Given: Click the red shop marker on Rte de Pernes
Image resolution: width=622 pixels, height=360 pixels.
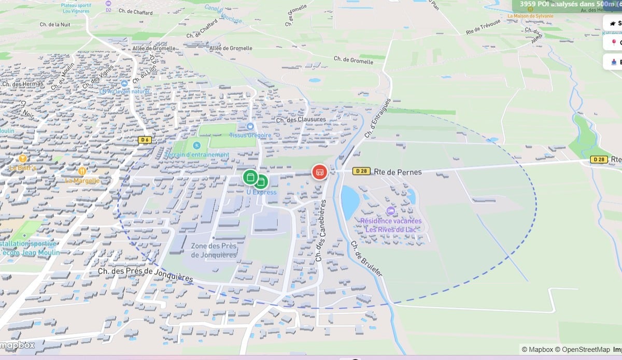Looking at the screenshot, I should [319, 171].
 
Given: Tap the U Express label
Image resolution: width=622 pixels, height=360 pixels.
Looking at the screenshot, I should [261, 192].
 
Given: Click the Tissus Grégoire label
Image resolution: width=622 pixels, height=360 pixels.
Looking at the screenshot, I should [251, 135].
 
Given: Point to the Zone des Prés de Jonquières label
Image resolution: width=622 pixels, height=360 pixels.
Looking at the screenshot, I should [214, 250].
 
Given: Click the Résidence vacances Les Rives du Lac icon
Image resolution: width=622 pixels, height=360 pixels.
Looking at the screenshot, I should [390, 211].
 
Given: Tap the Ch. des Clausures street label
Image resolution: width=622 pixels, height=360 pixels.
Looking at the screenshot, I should [301, 120].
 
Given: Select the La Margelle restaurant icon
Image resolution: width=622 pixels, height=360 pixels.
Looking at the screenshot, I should [82, 171].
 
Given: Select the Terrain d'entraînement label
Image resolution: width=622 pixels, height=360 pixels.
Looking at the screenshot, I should [197, 154].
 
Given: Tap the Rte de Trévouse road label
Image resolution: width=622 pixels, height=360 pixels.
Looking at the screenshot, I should [483, 27].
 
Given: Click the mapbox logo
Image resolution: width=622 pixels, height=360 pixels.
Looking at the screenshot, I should [18, 345].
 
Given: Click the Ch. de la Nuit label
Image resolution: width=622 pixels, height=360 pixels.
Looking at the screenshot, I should [55, 24].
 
